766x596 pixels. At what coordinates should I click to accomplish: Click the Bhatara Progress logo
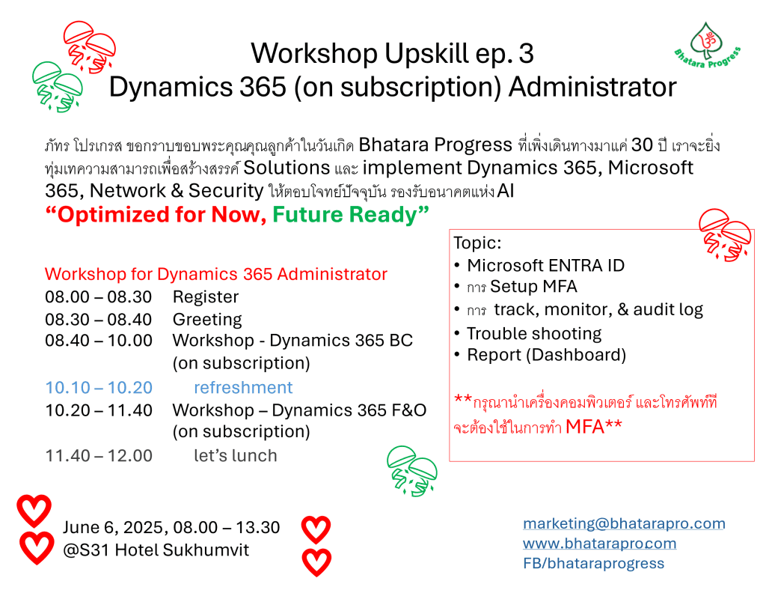tap(708, 45)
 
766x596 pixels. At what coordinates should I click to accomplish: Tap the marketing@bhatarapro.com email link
tap(624, 523)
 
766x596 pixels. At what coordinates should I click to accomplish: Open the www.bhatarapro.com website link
tap(599, 544)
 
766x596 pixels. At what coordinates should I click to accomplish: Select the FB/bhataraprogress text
tap(593, 563)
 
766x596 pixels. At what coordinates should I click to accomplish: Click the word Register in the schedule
tap(206, 297)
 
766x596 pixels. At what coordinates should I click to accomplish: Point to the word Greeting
tap(207, 320)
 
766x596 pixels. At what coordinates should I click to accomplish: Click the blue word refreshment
tap(243, 387)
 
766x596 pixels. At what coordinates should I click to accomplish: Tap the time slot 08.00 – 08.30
tap(98, 297)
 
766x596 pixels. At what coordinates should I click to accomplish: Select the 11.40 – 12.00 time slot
tap(99, 456)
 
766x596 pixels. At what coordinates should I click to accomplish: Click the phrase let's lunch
tap(236, 456)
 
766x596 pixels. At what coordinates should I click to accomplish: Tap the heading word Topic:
tap(477, 243)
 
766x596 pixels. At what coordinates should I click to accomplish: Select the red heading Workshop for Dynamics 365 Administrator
tap(216, 274)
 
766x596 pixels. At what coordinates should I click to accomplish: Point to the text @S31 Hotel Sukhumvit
tap(156, 550)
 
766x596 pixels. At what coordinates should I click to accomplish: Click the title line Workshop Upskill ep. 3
tap(392, 53)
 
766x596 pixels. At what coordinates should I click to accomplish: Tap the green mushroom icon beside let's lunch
tap(412, 471)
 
